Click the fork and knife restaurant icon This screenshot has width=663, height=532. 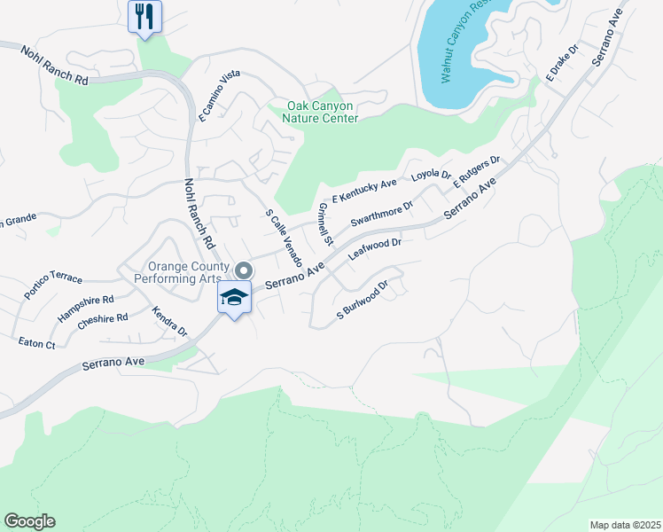click(x=145, y=16)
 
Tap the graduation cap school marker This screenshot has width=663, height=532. click(x=234, y=298)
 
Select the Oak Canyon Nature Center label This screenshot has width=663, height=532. click(x=322, y=112)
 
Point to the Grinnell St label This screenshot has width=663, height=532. click(x=324, y=223)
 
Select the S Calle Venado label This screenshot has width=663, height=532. click(x=285, y=239)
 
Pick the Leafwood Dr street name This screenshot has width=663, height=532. click(x=376, y=248)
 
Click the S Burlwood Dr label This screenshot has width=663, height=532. click(x=363, y=301)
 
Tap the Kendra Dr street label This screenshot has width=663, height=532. click(x=169, y=322)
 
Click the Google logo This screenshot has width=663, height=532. click(x=29, y=521)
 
